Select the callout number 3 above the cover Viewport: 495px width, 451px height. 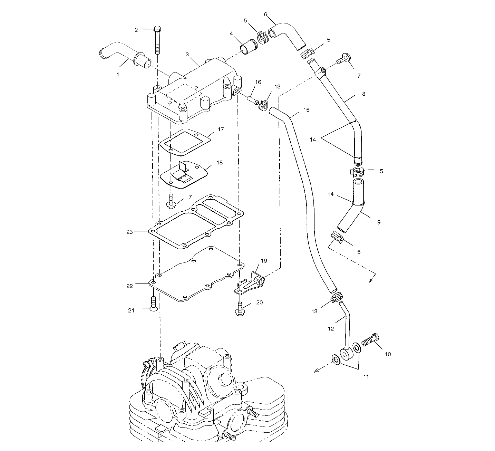point(187,54)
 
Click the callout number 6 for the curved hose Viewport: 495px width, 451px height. point(265,14)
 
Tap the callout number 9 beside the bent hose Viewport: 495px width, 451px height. point(379,222)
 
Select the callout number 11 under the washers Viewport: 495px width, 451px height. point(366,376)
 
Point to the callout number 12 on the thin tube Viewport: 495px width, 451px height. point(331,328)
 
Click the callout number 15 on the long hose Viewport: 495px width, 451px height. point(306,110)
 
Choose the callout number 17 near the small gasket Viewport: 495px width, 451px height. point(221,129)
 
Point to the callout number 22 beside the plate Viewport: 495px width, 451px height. point(129,286)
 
